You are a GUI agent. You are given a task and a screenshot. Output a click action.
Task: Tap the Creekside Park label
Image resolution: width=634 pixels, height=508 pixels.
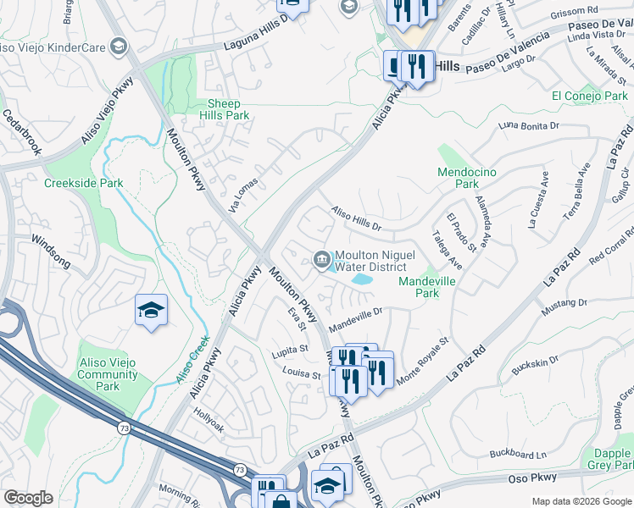(x=84, y=183)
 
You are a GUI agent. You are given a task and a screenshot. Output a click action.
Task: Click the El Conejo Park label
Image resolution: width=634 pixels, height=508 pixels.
(x=589, y=97)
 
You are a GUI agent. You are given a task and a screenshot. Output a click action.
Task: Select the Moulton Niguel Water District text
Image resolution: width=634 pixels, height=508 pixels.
(x=370, y=261)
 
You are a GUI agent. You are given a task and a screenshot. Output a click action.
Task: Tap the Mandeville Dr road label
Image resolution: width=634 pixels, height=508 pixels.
(x=356, y=317)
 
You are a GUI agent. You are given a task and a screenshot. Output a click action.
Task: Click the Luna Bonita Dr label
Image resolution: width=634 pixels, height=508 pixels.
(x=531, y=126)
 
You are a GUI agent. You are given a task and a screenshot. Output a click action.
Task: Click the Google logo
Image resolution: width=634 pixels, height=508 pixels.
(x=28, y=498)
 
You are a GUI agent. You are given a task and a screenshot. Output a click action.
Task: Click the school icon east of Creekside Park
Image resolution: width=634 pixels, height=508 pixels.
(x=151, y=310)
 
